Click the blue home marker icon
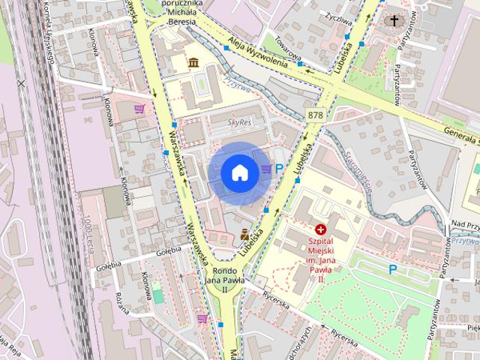(238, 172)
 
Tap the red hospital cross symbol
(321, 229)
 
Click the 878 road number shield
(315, 115)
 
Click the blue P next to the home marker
(280, 170)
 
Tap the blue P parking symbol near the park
(392, 268)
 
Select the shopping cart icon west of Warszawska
(139, 109)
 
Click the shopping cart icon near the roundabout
(202, 318)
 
